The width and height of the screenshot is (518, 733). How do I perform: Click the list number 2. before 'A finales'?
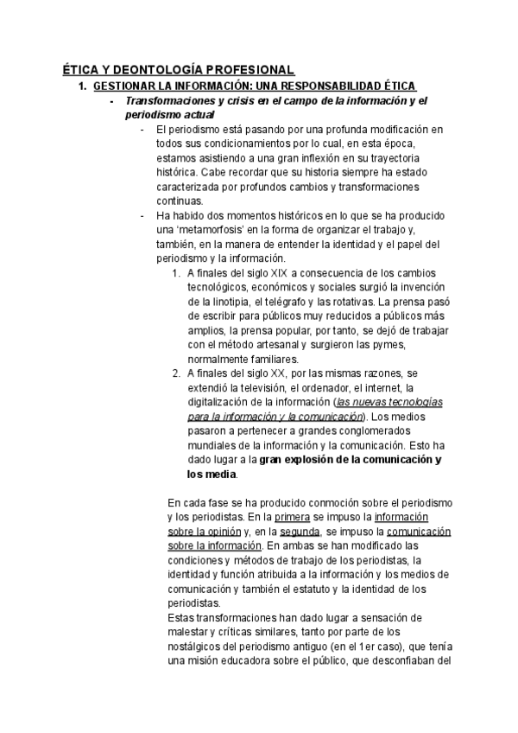(x=175, y=373)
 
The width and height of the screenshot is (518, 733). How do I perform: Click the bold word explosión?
(x=313, y=459)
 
